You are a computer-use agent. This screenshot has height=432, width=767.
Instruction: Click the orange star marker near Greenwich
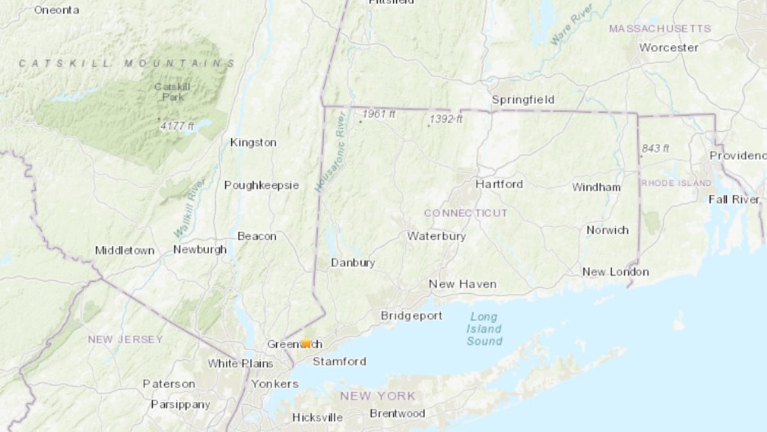306,343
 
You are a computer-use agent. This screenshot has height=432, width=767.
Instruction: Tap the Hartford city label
499,184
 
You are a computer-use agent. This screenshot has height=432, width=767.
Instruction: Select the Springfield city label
523,100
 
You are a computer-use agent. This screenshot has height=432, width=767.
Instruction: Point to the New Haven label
463,284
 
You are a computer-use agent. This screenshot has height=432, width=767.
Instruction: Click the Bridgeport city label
412,316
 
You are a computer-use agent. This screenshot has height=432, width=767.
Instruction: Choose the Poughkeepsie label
261,185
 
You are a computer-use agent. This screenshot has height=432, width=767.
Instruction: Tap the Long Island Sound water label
484,329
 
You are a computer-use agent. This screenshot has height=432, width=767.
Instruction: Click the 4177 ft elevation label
177,126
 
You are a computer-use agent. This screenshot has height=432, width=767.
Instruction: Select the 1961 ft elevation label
379,115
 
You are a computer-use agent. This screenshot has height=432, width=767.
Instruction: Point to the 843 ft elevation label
655,148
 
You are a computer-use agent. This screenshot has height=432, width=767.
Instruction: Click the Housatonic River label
330,152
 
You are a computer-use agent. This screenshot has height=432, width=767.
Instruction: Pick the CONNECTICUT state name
466,212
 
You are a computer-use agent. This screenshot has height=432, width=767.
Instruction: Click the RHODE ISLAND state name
676,183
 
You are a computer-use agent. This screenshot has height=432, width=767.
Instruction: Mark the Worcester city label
669,47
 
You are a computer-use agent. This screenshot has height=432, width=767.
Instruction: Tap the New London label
616,272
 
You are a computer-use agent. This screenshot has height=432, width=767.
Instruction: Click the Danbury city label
353,262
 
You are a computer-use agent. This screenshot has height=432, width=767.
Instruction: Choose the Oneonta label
56,10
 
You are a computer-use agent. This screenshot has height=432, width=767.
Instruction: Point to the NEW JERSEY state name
125,339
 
